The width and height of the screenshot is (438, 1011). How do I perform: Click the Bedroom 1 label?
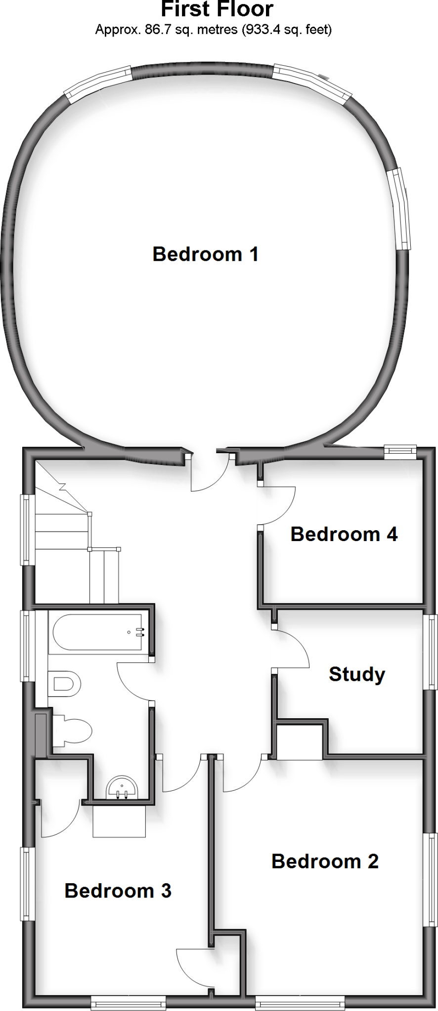(x=205, y=254)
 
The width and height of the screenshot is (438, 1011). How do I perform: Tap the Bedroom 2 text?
(x=325, y=861)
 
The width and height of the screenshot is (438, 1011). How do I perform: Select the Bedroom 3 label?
(x=118, y=891)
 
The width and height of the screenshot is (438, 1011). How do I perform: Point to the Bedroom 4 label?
(x=344, y=534)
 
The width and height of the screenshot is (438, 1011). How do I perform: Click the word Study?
(x=357, y=674)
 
